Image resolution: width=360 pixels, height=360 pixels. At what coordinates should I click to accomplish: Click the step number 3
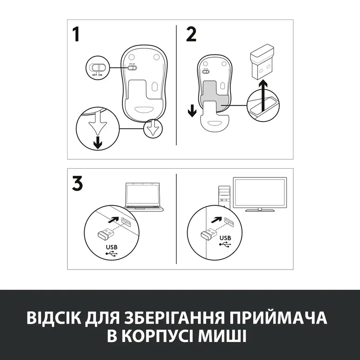(78, 184)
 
